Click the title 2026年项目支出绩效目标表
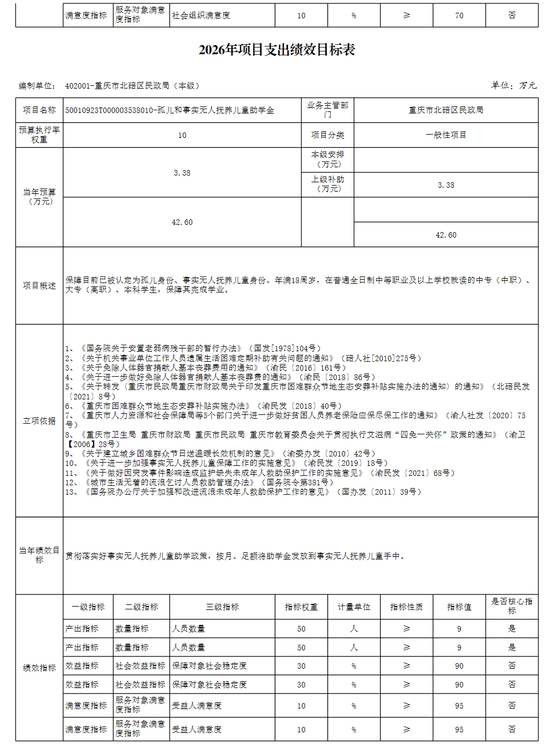[x=276, y=50]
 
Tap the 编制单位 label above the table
[x=37, y=86]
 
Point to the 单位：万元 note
[x=514, y=85]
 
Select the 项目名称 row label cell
[x=39, y=110]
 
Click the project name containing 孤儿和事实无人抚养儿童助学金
[x=170, y=110]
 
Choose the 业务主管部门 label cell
[x=327, y=110]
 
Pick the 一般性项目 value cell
[x=445, y=135]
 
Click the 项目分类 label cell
[x=327, y=135]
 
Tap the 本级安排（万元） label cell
[x=327, y=160]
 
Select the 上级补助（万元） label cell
[x=327, y=184]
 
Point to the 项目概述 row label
[x=39, y=286]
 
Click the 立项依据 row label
[x=39, y=421]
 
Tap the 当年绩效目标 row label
[x=39, y=555]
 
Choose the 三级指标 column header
[x=222, y=607]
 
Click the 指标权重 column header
[x=301, y=607]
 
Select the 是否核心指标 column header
[x=511, y=606]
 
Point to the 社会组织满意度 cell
[x=201, y=16]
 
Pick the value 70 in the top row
[x=459, y=16]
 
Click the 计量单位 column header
[x=353, y=607]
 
